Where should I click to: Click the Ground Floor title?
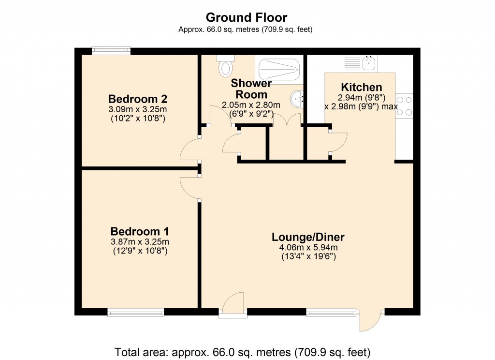(x=247, y=18)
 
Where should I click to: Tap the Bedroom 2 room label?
(x=138, y=99)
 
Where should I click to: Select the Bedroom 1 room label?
(x=139, y=231)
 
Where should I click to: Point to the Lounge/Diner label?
(x=308, y=237)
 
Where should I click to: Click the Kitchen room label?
(x=362, y=88)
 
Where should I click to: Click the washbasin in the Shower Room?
(x=297, y=99)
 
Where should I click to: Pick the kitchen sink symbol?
(x=360, y=62)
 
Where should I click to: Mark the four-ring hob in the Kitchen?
(x=404, y=105)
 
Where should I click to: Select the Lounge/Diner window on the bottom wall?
(x=331, y=313)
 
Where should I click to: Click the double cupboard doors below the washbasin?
(x=287, y=121)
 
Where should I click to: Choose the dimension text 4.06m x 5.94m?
(x=308, y=248)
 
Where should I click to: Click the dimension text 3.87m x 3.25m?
(x=139, y=241)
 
